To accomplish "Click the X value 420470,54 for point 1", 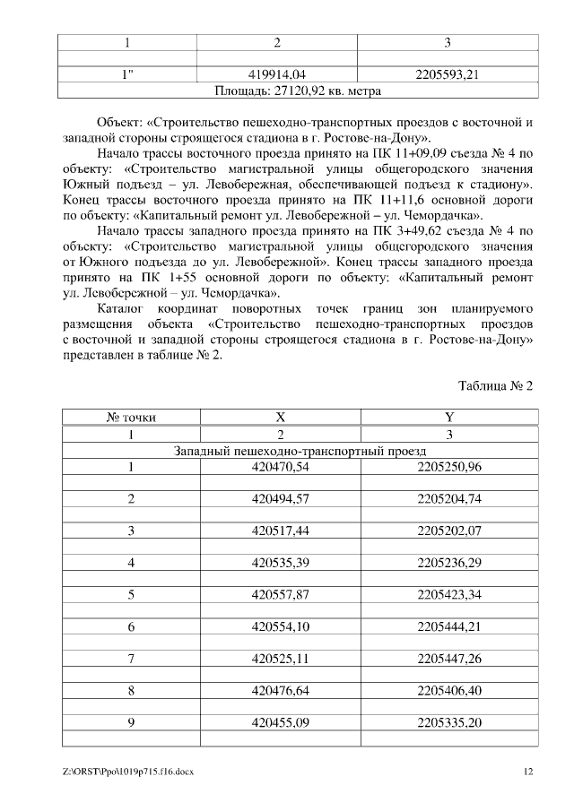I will pyautogui.click(x=280, y=467).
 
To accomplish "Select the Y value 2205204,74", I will pyautogui.click(x=449, y=499).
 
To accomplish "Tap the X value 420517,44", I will pyautogui.click(x=280, y=531).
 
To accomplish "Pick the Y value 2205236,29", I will pyautogui.click(x=449, y=563).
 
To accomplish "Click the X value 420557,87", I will pyautogui.click(x=280, y=594).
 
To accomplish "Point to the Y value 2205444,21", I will pyautogui.click(x=449, y=626).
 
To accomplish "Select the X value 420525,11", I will pyautogui.click(x=280, y=658).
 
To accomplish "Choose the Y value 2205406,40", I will pyautogui.click(x=449, y=690).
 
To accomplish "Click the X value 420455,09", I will pyautogui.click(x=280, y=721).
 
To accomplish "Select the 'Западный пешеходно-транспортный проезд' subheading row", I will pyautogui.click(x=300, y=451).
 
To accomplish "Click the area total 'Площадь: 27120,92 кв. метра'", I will pyautogui.click(x=299, y=91).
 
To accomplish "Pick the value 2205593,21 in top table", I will pyautogui.click(x=447, y=75).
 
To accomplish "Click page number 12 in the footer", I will pyautogui.click(x=528, y=771).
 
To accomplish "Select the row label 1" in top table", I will pyautogui.click(x=127, y=75).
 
